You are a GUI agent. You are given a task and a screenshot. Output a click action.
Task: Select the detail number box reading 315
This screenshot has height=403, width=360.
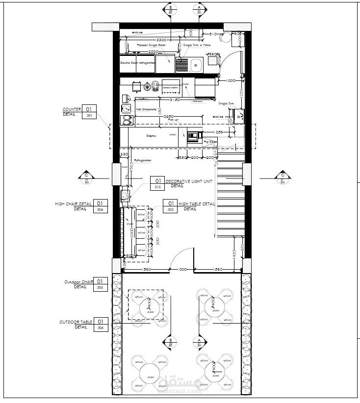(157, 187)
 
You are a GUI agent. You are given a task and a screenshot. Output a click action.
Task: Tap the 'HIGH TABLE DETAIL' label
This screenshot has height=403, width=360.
(196, 203)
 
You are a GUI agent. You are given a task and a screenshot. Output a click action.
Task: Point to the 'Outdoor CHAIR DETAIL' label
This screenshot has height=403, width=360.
(78, 282)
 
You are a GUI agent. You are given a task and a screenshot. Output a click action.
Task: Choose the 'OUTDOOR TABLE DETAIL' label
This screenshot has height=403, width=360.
(76, 322)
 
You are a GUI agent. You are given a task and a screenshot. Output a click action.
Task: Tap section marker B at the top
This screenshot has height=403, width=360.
(170, 8)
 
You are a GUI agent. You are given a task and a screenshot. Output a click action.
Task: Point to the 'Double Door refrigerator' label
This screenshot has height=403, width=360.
(137, 63)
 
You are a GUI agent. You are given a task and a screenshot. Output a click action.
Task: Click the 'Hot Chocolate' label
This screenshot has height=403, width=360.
(146, 109)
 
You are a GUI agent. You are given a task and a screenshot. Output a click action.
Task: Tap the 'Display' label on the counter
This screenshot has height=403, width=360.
(151, 136)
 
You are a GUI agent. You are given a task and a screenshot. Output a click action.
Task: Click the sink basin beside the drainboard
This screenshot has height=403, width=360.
(197, 63)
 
